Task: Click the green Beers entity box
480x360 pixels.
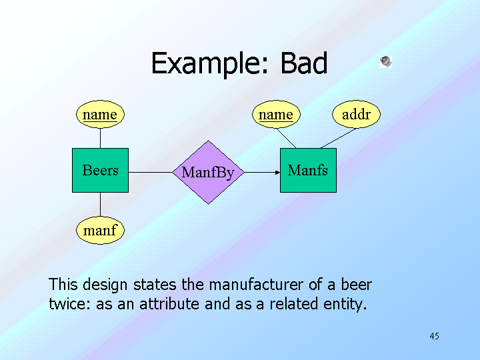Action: (100, 171)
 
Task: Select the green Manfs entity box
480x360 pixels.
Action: (308, 171)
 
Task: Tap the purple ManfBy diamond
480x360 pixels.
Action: (208, 173)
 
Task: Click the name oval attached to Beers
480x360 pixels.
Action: (100, 115)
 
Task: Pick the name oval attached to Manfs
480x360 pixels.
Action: (276, 115)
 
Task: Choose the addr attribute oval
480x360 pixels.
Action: (356, 115)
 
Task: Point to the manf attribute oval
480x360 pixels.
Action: (100, 231)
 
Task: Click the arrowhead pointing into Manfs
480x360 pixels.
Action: (277, 173)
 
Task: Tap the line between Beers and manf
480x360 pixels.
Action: (100, 205)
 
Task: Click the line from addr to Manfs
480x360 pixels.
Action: (337, 138)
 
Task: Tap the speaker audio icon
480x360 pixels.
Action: (386, 61)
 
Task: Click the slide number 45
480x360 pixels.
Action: (434, 336)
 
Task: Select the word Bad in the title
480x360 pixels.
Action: (304, 64)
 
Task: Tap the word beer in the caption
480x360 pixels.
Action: (356, 285)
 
